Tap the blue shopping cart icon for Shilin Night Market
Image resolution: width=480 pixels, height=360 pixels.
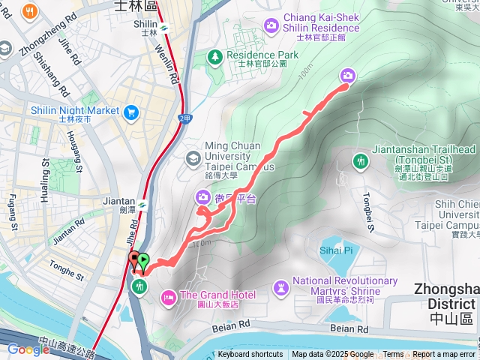point(132,112)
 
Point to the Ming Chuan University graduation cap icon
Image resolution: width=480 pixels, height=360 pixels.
point(193,157)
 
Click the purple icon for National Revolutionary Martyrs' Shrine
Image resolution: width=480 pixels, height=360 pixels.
point(282,286)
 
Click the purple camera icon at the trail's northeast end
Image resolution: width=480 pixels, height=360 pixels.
point(348,75)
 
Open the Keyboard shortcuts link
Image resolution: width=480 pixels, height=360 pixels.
point(250,355)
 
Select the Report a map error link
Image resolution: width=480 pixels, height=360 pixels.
point(445,355)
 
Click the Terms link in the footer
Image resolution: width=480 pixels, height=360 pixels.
point(393,355)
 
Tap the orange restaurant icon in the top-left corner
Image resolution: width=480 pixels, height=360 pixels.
point(30,10)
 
